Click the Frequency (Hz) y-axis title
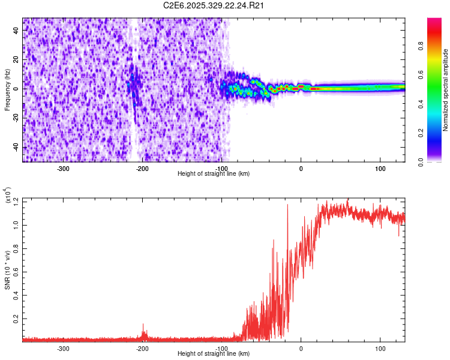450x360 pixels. (7, 90)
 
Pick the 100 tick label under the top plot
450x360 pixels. (380, 168)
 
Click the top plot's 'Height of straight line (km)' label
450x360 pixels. (214, 173)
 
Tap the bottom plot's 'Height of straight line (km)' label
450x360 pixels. (214, 353)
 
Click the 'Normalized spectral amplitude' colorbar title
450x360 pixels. (446, 90)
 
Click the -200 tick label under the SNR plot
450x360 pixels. (143, 348)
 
